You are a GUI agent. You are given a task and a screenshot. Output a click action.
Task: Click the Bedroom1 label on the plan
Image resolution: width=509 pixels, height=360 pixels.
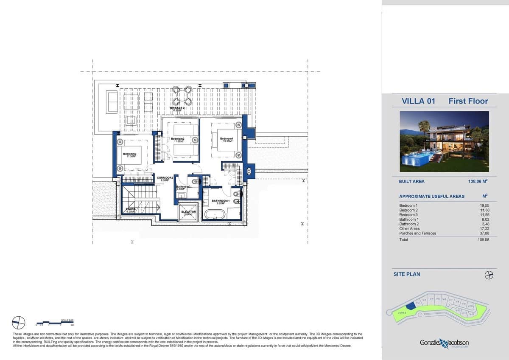227,139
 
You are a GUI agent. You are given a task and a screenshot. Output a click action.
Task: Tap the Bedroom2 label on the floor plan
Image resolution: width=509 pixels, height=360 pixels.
177,139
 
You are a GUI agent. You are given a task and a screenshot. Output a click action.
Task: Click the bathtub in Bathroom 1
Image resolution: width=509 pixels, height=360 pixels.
215,214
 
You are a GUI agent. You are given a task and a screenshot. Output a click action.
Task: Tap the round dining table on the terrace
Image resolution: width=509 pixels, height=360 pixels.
182,96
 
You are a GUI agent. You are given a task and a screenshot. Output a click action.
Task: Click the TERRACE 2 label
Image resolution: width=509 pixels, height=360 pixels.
177,108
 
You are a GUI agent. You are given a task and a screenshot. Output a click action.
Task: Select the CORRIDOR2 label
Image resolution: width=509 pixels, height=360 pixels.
165,178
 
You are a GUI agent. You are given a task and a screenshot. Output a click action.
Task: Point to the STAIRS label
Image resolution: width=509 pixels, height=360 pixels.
130,209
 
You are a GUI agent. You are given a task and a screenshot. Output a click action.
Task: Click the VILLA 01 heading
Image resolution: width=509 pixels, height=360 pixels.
418,101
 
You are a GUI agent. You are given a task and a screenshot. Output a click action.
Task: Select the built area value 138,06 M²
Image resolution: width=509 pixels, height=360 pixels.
477,181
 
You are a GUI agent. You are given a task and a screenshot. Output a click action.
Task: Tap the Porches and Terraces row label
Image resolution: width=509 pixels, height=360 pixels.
417,233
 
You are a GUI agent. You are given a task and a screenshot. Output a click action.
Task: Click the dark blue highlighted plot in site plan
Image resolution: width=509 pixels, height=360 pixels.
410,306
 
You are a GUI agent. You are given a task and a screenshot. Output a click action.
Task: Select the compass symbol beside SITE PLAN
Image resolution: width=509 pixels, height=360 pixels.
489,275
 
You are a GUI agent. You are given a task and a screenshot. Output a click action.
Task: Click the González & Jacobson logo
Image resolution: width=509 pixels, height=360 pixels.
444,343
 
